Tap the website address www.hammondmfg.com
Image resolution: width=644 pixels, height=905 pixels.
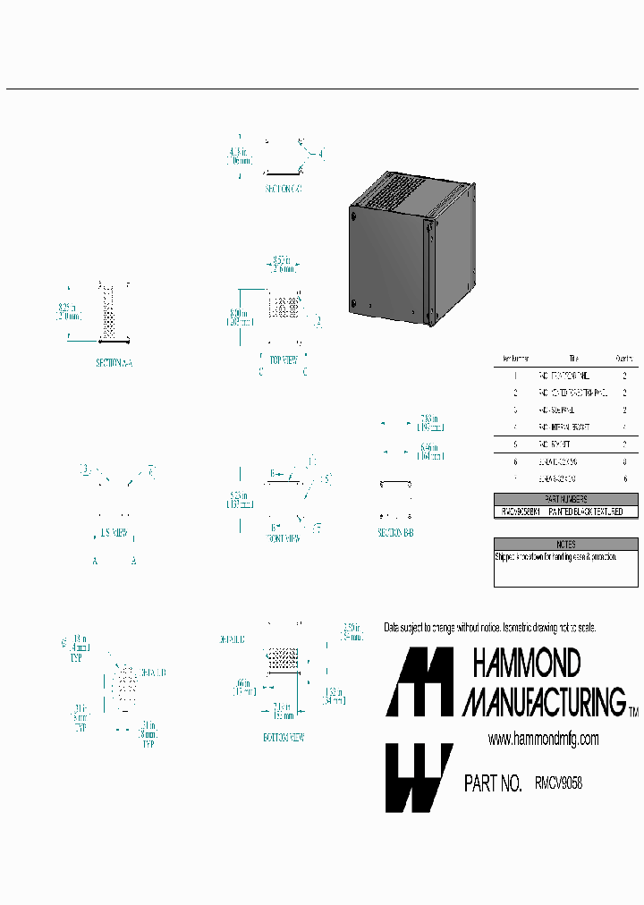(543, 739)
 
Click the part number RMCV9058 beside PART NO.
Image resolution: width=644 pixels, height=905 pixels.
(558, 782)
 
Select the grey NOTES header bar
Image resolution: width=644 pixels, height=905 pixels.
(565, 544)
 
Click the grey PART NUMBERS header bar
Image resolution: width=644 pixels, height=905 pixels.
(565, 499)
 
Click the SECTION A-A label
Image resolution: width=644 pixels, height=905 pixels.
(114, 363)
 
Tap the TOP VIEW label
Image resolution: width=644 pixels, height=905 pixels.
(284, 359)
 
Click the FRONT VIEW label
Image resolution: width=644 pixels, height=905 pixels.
(284, 539)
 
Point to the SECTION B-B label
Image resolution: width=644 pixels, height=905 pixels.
(395, 532)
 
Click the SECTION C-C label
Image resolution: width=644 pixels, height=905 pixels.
(284, 190)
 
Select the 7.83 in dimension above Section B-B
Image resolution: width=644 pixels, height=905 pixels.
(430, 418)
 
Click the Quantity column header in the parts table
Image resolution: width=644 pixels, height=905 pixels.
(623, 358)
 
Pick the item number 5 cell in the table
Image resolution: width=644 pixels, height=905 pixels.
(515, 444)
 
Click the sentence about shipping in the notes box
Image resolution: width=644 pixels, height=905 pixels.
(555, 556)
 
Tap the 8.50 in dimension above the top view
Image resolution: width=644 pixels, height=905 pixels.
(283, 262)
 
